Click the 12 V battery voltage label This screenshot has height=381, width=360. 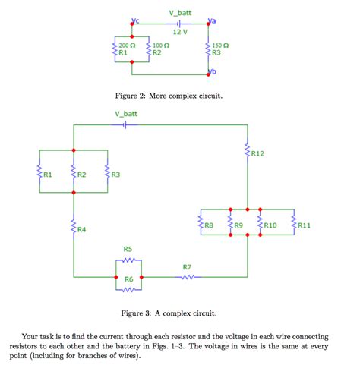point(180,32)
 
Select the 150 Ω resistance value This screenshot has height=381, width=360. point(221,46)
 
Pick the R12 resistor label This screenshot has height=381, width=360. point(258,154)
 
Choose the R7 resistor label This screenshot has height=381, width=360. point(187,267)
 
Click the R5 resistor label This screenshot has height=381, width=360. point(128,249)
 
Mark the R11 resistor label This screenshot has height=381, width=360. point(304,225)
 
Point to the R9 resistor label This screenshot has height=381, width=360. point(238,225)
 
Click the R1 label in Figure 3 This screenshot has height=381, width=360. point(48,175)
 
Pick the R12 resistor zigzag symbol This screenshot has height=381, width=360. point(247,153)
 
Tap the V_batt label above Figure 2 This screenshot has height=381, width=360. point(180,13)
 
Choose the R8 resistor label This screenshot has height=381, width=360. point(209,225)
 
